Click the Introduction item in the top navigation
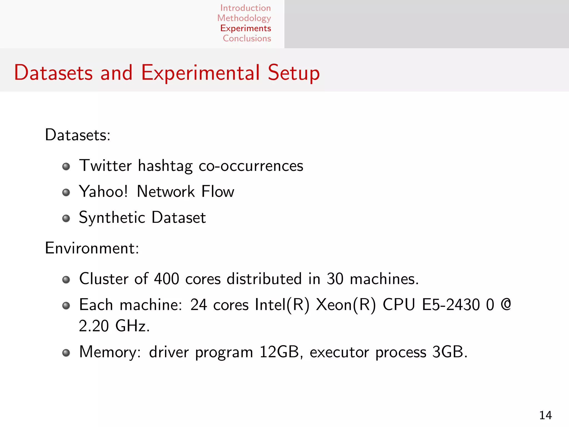point(245,8)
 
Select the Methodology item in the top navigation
point(244,18)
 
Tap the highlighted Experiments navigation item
point(245,28)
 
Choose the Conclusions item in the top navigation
point(247,38)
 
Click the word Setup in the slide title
point(293,73)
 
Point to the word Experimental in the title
point(200,73)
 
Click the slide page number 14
point(545,415)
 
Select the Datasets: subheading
point(78,135)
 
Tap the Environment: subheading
point(92,248)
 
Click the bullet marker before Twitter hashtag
point(66,167)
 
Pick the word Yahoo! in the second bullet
point(103,192)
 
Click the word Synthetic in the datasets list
point(112,217)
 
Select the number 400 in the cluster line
point(166,279)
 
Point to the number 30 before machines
point(335,279)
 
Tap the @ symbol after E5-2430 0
point(506,304)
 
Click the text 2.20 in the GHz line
point(94,326)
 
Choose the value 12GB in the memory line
point(279,352)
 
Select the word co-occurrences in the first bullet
point(251,166)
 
